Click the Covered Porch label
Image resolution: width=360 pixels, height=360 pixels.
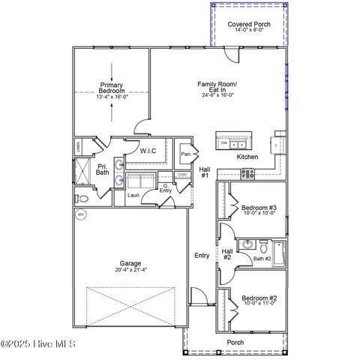pos(248,24)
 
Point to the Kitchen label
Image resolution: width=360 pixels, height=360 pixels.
pos(247,157)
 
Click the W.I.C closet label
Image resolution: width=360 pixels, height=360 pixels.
pos(148,151)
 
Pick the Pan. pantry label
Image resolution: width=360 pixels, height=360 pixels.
pos(185,154)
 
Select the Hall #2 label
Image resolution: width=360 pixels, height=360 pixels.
pos(226,254)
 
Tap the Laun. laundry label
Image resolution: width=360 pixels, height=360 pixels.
pos(134,195)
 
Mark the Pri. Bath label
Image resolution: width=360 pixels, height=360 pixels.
pos(102,169)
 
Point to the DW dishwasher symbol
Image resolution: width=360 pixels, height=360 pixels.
pos(223,142)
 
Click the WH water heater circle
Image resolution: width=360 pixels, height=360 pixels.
pos(80,215)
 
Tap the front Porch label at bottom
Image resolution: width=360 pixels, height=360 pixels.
pos(235,343)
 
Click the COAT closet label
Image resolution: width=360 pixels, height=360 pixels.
pos(182,175)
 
